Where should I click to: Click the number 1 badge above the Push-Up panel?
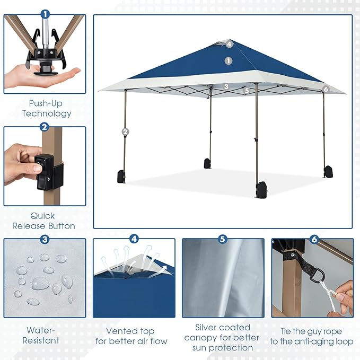pos(45,14)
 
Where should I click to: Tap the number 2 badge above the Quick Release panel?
pos(45,127)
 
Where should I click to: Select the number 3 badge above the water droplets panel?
pos(45,239)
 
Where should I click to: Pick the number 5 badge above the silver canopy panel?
pos(223,239)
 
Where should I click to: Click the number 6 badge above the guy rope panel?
pos(314,240)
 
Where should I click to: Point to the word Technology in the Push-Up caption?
pos(47,113)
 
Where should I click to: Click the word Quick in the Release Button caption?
pos(42,216)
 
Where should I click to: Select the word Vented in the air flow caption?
pos(122,330)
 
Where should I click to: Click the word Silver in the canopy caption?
pos(208,327)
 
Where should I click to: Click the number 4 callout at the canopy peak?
pos(229,44)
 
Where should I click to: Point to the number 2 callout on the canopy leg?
pos(126,131)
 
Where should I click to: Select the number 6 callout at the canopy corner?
pos(326,90)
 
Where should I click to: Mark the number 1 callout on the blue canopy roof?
pos(229,61)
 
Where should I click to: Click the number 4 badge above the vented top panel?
pos(134,239)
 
